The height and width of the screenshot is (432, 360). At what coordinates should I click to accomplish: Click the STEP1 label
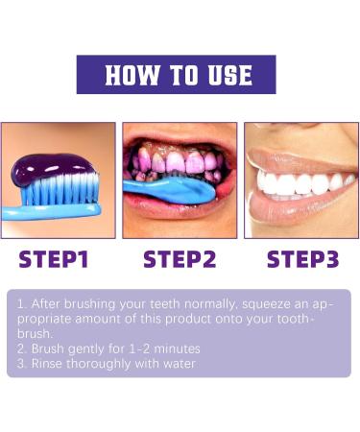[54, 259]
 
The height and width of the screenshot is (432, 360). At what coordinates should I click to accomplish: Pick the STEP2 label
[180, 259]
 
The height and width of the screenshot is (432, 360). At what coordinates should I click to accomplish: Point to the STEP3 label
[302, 259]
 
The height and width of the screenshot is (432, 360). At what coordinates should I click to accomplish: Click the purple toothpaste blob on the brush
[54, 170]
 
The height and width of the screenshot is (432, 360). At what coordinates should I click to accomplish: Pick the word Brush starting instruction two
[47, 348]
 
